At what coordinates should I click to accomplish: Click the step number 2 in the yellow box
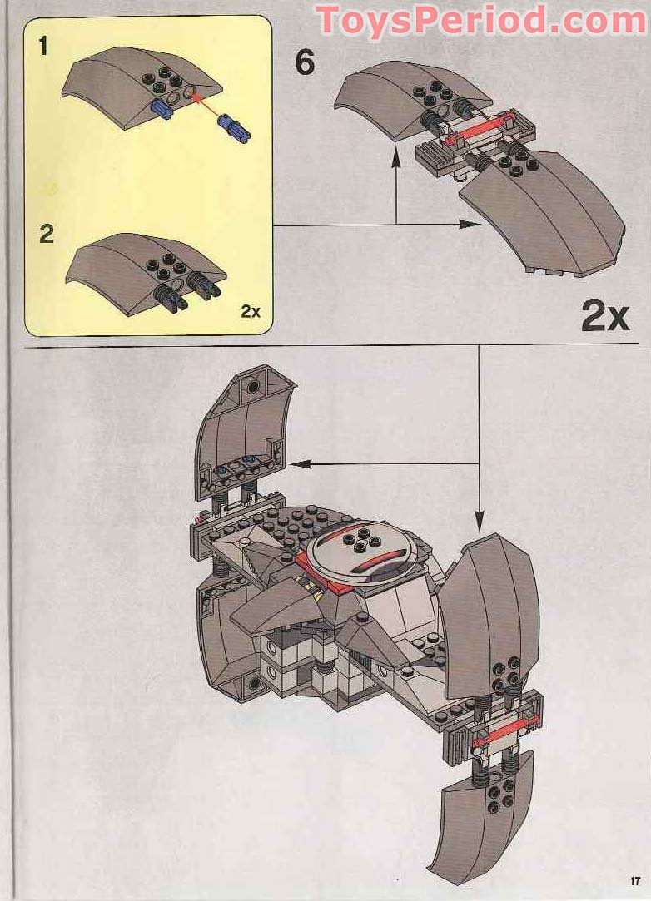pyautogui.click(x=47, y=234)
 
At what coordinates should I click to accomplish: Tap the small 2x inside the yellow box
pyautogui.click(x=251, y=312)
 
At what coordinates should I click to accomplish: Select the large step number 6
pyautogui.click(x=306, y=62)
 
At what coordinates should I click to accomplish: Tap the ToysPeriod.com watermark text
pyautogui.click(x=481, y=20)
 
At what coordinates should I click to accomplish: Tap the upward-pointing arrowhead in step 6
pyautogui.click(x=396, y=163)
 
